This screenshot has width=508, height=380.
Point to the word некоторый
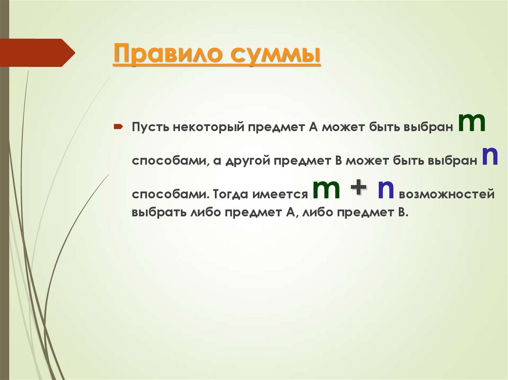[x=208, y=128]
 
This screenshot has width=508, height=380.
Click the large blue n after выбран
[x=490, y=157]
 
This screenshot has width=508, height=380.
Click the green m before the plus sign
[x=326, y=190]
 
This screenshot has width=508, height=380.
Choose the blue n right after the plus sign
[x=385, y=190]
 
